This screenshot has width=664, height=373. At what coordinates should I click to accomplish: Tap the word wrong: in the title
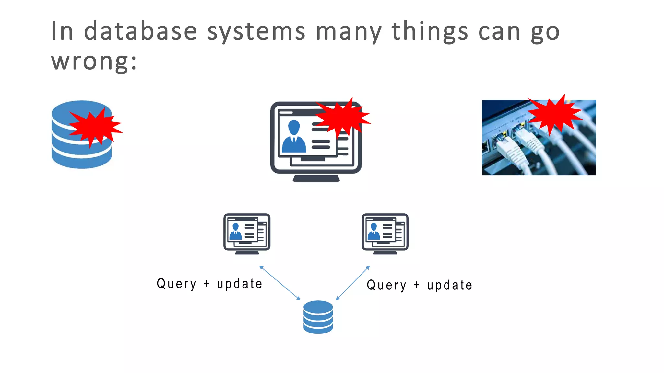pos(94,62)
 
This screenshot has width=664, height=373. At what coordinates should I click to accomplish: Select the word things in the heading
pos(430,32)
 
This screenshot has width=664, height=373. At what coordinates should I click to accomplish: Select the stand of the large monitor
pos(316,178)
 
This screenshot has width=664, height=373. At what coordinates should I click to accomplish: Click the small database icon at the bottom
pos(318,317)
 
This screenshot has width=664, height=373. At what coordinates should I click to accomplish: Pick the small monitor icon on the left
pos(247,233)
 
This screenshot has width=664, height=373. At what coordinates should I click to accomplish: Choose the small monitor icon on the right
pos(385,233)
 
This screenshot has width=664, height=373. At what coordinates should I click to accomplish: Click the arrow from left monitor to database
pos(280,283)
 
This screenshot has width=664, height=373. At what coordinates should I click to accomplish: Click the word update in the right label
pos(449,285)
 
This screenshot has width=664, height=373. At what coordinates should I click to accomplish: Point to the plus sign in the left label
pos(207,284)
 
